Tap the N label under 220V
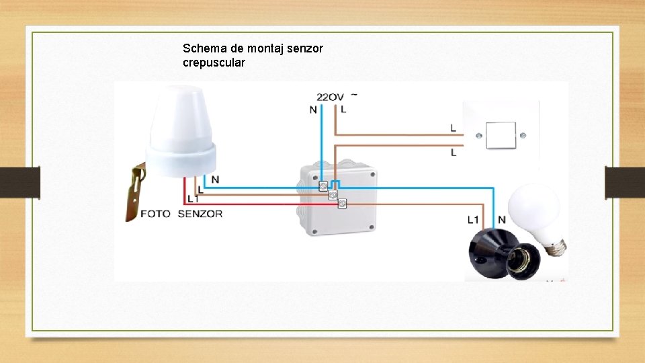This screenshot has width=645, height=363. click(x=313, y=110)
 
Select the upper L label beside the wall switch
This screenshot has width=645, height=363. click(x=454, y=127)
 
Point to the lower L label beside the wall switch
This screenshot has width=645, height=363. click(x=454, y=153)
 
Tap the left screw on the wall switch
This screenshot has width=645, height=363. click(x=478, y=135)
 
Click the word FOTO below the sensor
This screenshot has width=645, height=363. click(x=155, y=214)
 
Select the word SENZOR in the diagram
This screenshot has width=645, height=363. click(x=200, y=214)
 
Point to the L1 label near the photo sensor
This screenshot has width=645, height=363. click(x=193, y=200)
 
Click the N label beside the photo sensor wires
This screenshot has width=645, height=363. click(x=215, y=179)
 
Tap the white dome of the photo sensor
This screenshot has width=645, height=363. click(x=183, y=128)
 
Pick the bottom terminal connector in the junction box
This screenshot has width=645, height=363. click(x=342, y=203)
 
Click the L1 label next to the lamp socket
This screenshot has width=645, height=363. click(x=474, y=219)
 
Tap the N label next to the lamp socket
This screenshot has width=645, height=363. click(x=502, y=220)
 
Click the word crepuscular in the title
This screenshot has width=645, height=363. click(x=214, y=63)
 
